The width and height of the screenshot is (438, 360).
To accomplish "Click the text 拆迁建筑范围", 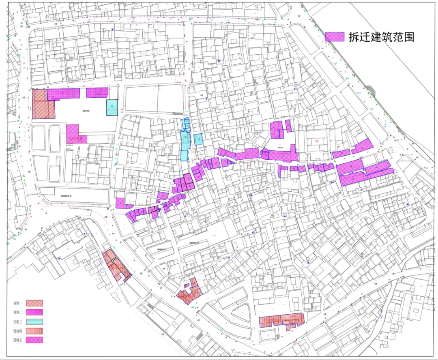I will (x=381, y=37).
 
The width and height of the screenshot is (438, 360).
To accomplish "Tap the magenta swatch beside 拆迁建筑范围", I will (x=334, y=37).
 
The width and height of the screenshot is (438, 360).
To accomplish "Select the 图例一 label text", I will (x=18, y=303).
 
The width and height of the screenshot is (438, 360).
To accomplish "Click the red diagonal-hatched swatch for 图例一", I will (x=34, y=303).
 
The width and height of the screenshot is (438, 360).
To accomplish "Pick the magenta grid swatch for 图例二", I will (x=34, y=312).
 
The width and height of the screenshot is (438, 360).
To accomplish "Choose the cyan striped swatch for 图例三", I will (x=34, y=321).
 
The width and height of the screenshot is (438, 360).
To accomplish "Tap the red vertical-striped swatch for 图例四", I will (x=34, y=331).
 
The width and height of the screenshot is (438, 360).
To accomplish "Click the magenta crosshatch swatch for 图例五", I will (x=34, y=340).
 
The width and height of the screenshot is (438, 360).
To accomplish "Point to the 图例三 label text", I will (x=18, y=321).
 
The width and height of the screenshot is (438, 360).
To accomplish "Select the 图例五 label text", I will (x=18, y=340).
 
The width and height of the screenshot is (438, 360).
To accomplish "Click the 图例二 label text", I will (x=18, y=312).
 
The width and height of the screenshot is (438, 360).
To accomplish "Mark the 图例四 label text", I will (x=18, y=331).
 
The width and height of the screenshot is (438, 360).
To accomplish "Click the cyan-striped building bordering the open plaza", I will (x=112, y=107).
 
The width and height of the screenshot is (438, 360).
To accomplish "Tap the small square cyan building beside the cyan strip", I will (x=198, y=139).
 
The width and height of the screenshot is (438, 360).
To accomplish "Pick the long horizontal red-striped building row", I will (x=281, y=320).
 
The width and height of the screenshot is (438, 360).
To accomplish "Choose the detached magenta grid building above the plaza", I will (x=97, y=93).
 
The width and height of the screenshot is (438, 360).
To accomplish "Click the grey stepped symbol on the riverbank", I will (x=369, y=90).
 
